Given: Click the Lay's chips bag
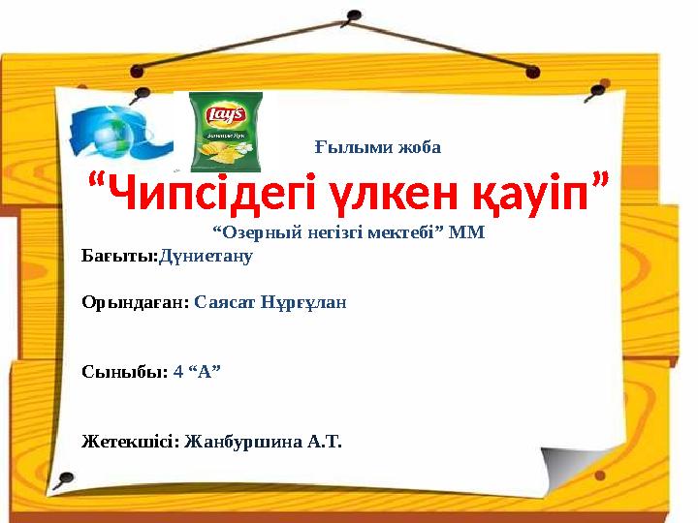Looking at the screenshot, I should (x=225, y=131).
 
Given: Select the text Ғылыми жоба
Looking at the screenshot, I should (x=378, y=148).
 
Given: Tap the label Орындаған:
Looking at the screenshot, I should (x=135, y=301).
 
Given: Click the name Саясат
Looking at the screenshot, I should (x=226, y=301).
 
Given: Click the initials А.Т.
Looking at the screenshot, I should (x=324, y=442).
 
